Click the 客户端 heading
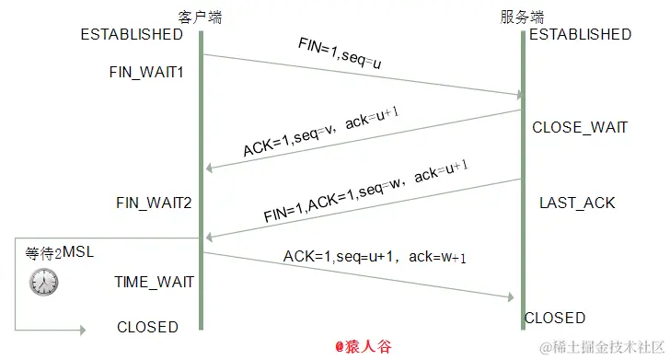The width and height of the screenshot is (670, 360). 200,17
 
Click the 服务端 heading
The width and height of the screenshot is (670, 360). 522,17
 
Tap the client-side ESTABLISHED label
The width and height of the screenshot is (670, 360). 132,35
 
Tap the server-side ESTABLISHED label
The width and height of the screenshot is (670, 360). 580,35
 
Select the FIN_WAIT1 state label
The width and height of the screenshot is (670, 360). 147,71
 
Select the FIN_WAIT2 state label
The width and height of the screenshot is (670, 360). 154,202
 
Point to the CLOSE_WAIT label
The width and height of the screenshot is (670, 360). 580,127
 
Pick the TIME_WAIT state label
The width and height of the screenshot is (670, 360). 154,282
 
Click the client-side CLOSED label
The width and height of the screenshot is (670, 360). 147,327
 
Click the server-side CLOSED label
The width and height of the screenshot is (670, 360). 555,318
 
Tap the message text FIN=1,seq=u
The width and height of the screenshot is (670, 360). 340,52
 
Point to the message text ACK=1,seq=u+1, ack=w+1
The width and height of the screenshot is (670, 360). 374,257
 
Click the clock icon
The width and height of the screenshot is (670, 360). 42,282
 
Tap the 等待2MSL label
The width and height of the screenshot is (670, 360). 59,252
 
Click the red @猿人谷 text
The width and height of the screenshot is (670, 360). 364,347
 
